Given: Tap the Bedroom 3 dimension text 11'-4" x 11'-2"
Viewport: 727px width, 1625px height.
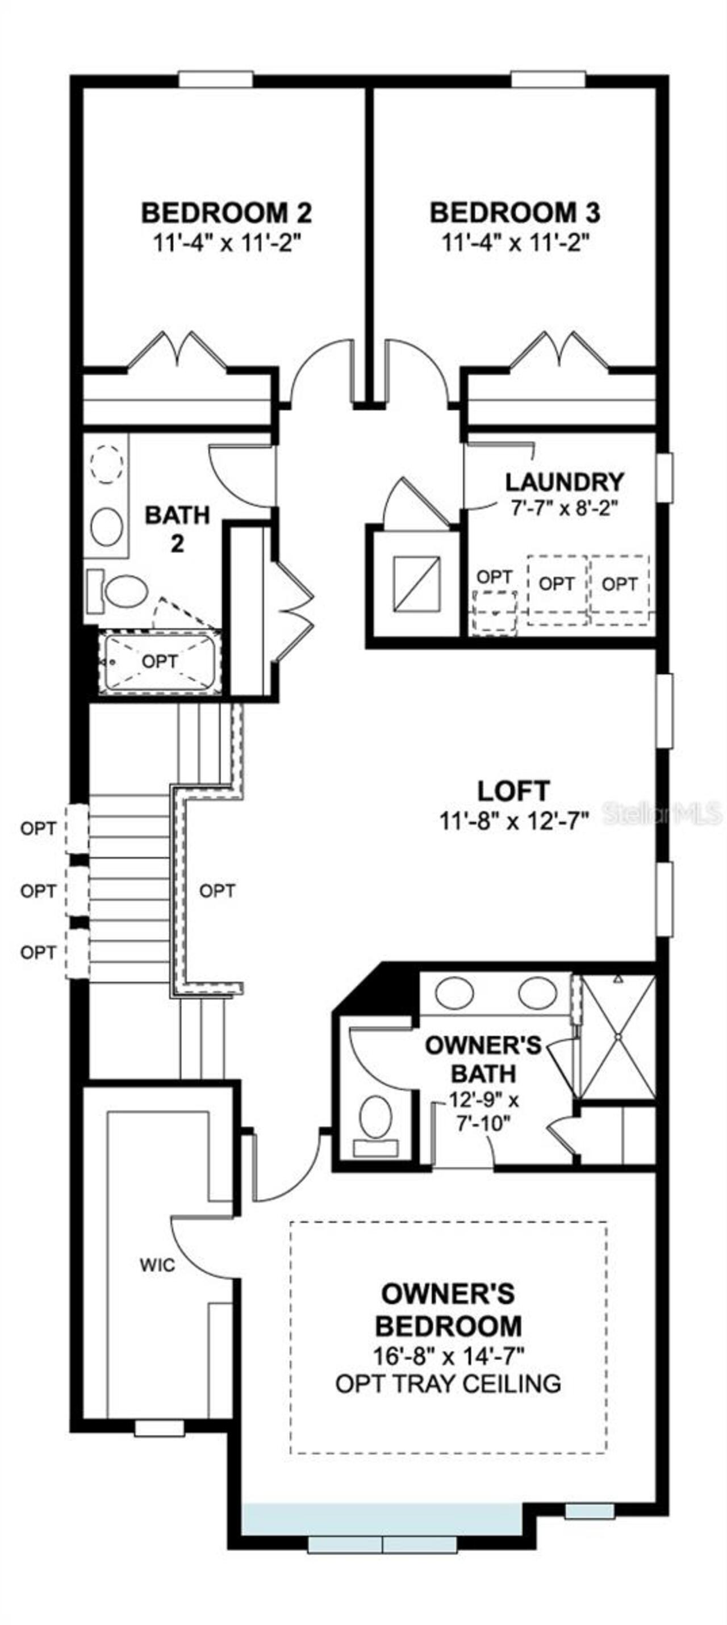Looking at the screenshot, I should [x=515, y=243].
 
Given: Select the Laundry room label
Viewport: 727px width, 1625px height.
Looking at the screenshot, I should [x=565, y=482].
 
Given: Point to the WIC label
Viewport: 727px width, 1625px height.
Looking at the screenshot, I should [x=157, y=1265].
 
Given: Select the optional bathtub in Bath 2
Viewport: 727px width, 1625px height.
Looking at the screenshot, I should [x=159, y=663].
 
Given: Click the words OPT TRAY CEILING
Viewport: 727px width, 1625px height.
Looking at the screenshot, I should [x=448, y=1384].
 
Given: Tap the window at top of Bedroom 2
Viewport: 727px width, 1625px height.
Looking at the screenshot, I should [x=216, y=80].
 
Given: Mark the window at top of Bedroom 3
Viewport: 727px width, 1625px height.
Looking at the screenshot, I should [x=548, y=80].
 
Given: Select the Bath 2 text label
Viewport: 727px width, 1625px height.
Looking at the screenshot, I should [x=177, y=528].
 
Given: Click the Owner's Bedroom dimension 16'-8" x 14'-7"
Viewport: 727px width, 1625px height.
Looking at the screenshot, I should [x=448, y=1354].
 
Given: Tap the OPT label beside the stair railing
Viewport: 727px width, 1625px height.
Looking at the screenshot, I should [x=217, y=891].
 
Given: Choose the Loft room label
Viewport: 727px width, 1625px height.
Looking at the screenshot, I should [x=513, y=790].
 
